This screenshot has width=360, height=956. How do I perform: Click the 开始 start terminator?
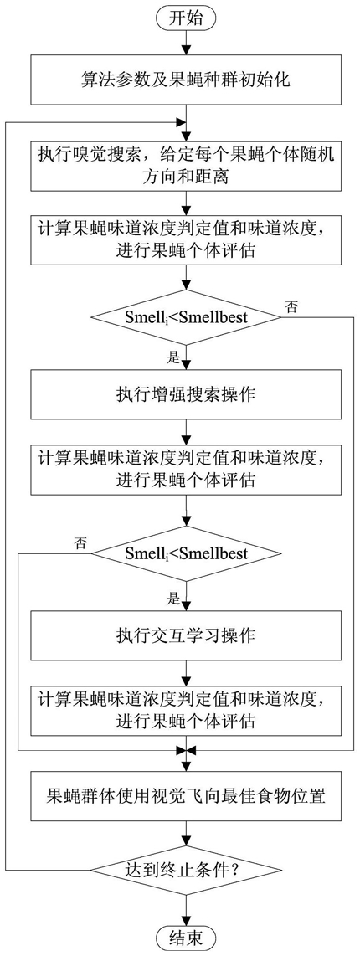pyautogui.click(x=187, y=18)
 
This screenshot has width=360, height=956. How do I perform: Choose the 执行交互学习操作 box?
pyautogui.click(x=187, y=636)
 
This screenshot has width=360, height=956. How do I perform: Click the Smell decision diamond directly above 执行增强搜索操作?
pyautogui.click(x=187, y=317)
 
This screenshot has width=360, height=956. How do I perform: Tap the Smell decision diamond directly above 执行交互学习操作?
pyautogui.click(x=187, y=553)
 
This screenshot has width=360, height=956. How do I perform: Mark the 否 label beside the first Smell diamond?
pyautogui.click(x=291, y=306)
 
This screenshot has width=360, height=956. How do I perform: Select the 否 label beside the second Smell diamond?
pyautogui.click(x=80, y=541)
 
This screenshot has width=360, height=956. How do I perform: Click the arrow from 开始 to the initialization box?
pyautogui.click(x=187, y=44)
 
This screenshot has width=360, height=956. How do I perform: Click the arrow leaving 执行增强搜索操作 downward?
pyautogui.click(x=187, y=429)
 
